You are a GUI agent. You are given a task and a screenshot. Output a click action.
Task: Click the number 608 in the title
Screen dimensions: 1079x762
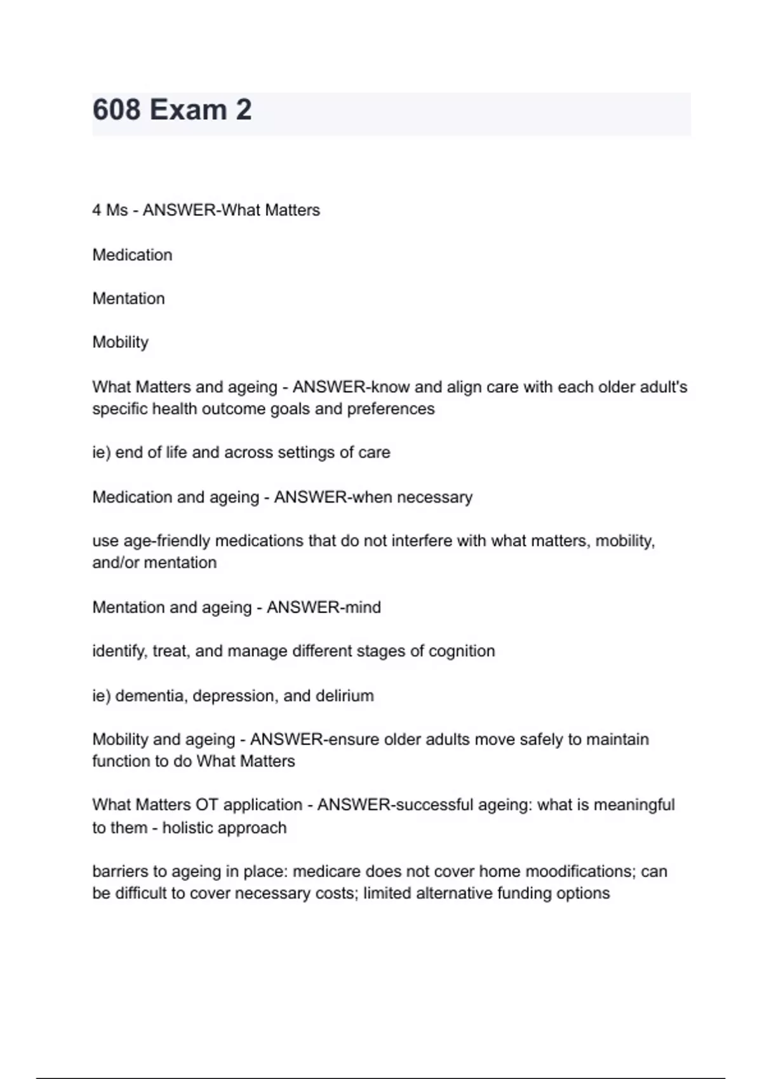117,110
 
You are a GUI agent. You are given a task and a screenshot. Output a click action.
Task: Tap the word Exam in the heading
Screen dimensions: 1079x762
188,110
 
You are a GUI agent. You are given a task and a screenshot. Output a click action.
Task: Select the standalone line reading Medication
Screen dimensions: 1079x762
132,255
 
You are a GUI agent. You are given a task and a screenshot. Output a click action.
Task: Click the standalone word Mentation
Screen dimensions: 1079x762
128,298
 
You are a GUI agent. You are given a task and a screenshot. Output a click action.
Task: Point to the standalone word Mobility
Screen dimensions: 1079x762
120,342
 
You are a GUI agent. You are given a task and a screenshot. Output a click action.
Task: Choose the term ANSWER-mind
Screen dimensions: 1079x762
324,607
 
